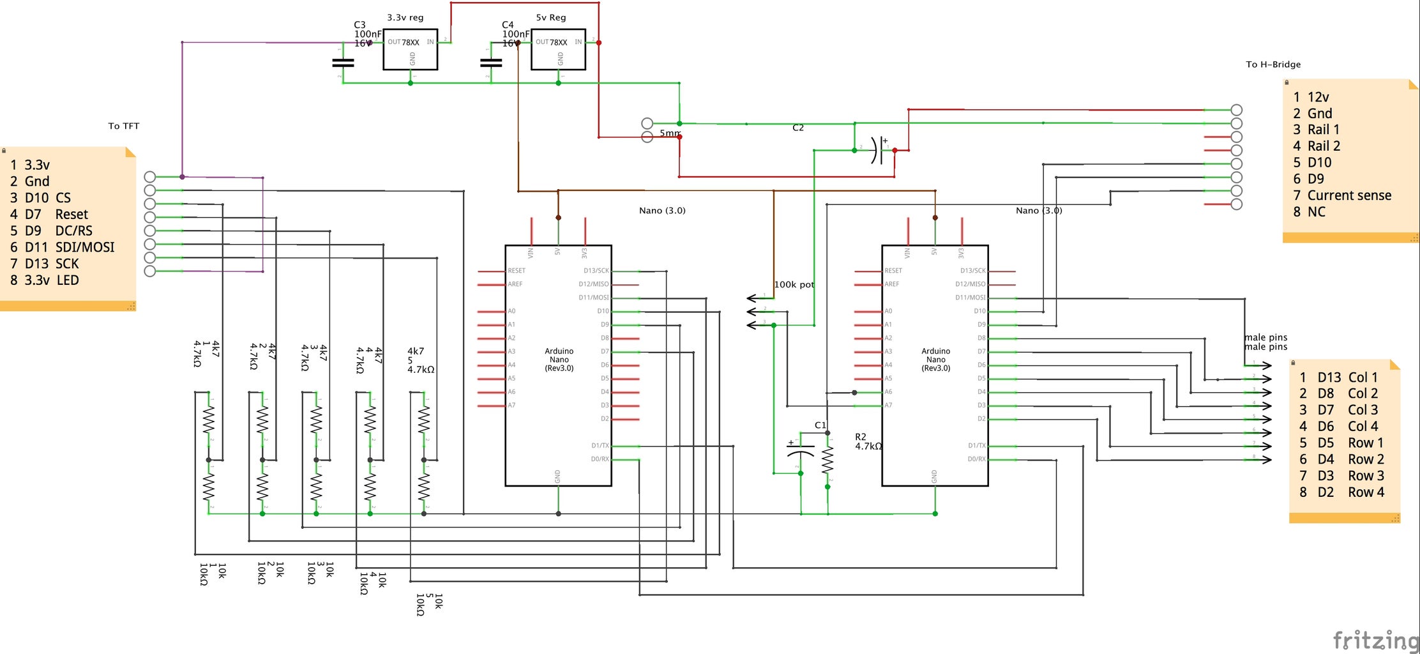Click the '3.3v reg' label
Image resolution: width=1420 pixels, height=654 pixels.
(x=405, y=17)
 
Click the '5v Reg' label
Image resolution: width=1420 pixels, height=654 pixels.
(x=550, y=17)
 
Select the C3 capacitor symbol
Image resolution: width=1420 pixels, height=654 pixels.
(x=343, y=63)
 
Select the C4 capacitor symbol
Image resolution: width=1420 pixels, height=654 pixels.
(x=490, y=63)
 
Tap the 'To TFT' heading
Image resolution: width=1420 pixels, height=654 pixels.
(x=123, y=126)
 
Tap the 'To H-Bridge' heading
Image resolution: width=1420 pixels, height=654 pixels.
(x=1273, y=65)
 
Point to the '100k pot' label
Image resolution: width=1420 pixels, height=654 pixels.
(x=794, y=284)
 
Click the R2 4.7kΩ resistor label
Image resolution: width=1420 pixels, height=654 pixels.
(x=868, y=442)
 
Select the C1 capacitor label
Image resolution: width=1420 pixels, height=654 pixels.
(x=820, y=425)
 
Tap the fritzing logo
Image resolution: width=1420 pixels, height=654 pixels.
(x=1375, y=639)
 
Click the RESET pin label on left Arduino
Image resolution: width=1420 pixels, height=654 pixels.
(x=516, y=271)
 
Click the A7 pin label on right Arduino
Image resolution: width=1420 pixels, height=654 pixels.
(x=888, y=406)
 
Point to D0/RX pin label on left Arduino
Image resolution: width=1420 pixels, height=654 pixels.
(x=600, y=459)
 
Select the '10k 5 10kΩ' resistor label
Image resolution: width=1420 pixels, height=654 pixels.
(x=429, y=604)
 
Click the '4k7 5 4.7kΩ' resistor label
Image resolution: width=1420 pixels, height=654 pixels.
(x=420, y=360)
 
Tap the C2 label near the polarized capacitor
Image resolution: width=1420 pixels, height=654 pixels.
(x=797, y=128)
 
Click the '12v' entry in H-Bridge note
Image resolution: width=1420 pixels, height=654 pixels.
(x=1318, y=97)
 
